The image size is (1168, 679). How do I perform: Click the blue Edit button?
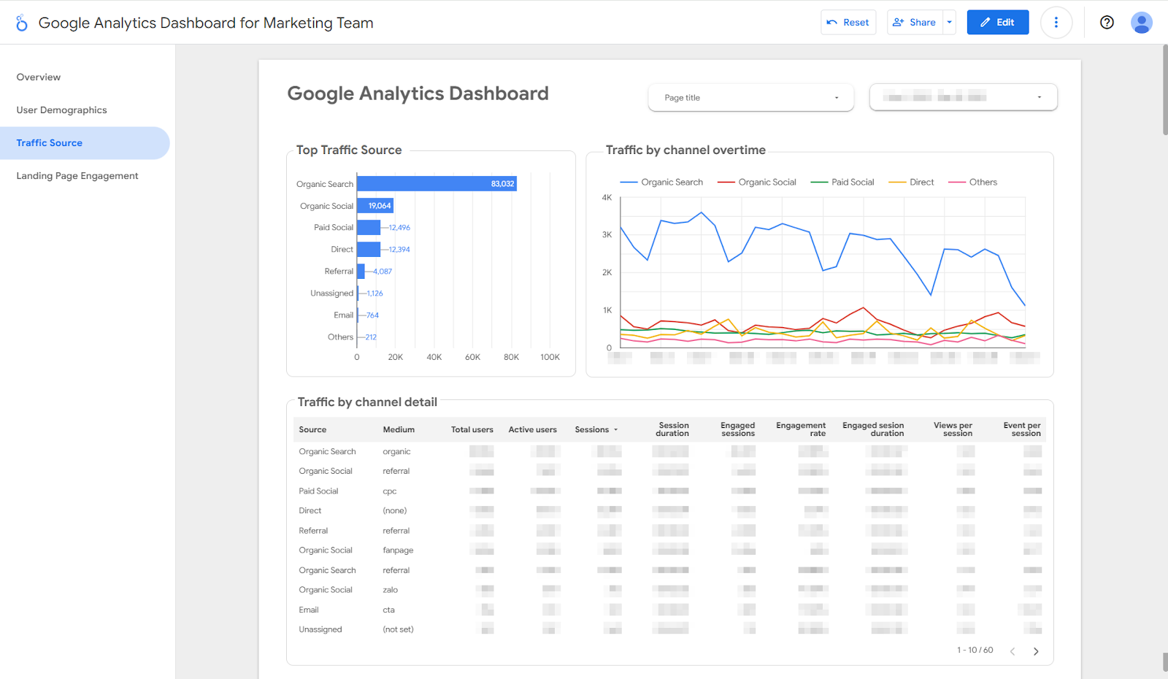(x=997, y=23)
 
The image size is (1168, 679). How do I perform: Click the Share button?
(x=915, y=23)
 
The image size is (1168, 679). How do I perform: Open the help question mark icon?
(x=1107, y=23)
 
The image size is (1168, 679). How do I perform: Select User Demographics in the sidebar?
(x=61, y=110)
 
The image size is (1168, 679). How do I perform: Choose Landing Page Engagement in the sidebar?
(x=77, y=176)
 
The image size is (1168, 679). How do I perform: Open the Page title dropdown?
(x=750, y=98)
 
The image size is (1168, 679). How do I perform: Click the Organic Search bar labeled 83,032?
(x=437, y=184)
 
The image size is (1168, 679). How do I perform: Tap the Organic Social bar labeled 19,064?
(x=375, y=206)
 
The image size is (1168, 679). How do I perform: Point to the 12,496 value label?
(x=399, y=228)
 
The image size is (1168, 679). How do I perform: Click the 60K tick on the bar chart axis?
(x=472, y=357)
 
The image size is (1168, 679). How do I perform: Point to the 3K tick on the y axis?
(x=607, y=235)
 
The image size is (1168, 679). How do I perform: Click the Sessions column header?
(x=592, y=430)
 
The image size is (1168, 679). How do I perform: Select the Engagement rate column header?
(x=801, y=429)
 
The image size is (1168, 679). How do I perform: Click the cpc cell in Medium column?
(x=390, y=491)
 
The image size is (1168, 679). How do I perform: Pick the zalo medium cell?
(x=391, y=590)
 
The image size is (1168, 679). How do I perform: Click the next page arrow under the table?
(x=1035, y=651)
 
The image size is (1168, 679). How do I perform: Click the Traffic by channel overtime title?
(x=685, y=150)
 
